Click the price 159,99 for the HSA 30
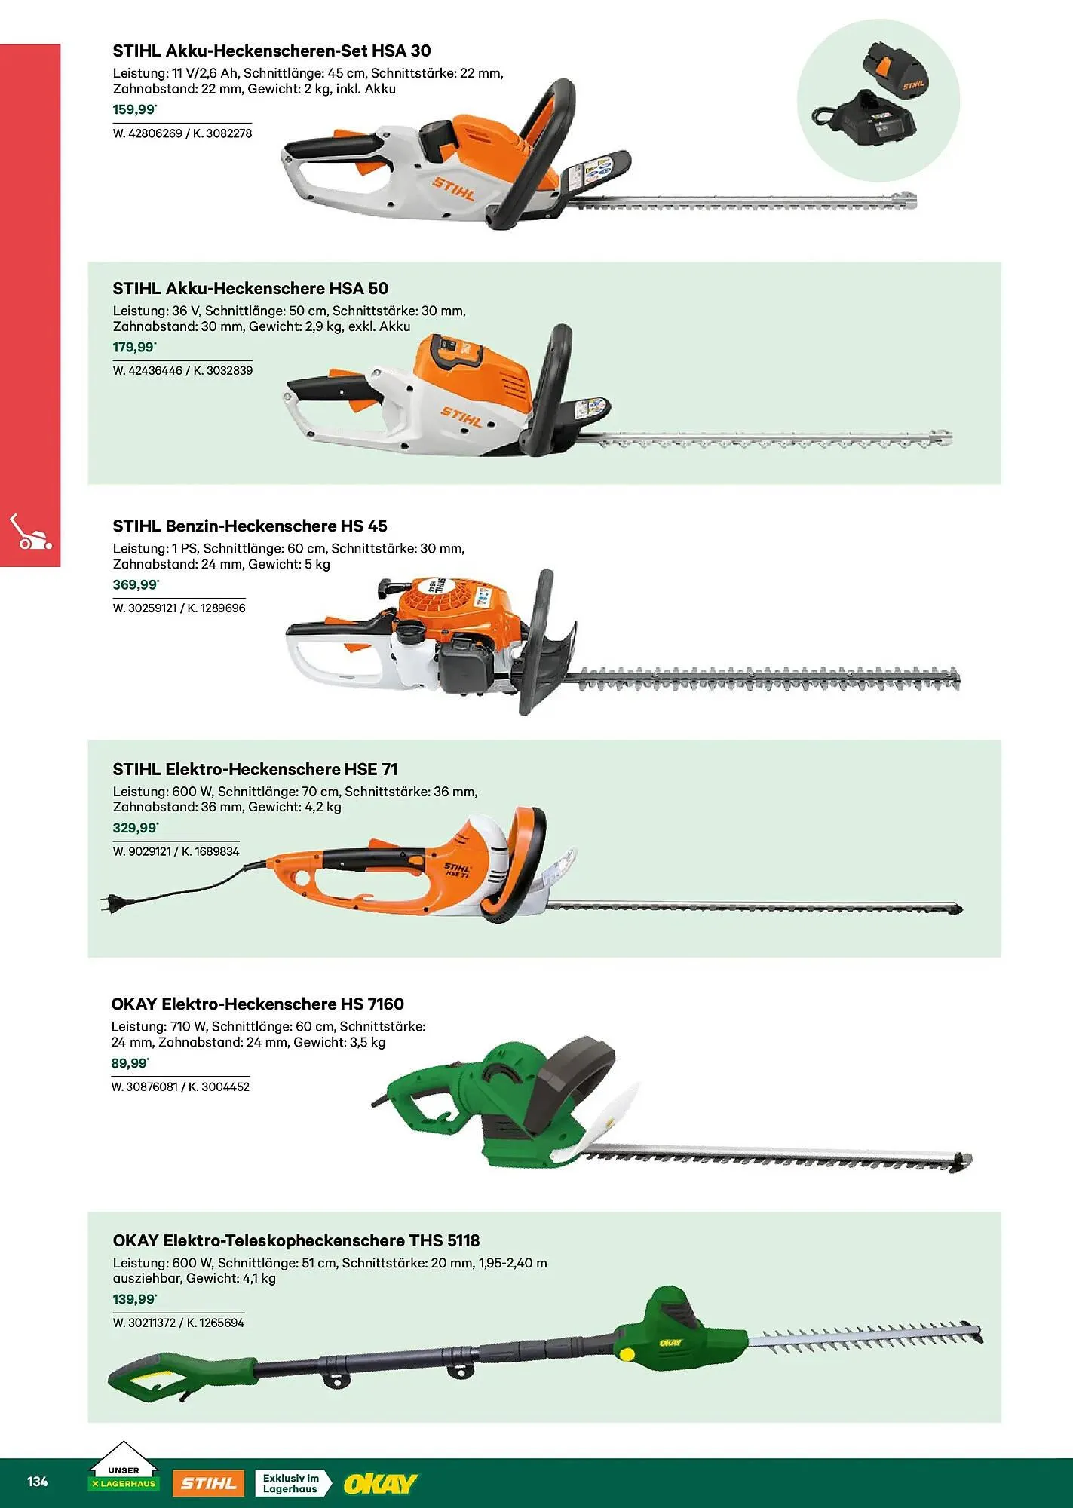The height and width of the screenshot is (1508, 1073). pos(134,110)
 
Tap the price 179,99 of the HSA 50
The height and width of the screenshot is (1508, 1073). pos(134,348)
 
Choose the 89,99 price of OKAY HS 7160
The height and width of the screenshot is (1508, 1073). pos(130,1063)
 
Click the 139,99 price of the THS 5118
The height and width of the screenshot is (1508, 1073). pos(134,1299)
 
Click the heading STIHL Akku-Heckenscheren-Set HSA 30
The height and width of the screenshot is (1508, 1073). pos(271,51)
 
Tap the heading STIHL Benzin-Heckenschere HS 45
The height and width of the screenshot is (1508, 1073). pos(250,526)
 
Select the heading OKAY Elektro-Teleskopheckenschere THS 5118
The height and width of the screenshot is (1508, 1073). pos(296,1240)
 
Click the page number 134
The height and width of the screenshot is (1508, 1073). pos(38,1481)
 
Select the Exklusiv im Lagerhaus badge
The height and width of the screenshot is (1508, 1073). pos(293,1483)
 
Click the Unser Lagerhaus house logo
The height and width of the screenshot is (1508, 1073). pos(123,1467)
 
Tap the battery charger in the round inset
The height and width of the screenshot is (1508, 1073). pos(874,119)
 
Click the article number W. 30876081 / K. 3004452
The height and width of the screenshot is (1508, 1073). pos(180,1087)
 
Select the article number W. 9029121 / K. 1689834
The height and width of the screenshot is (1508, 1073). pos(176,851)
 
